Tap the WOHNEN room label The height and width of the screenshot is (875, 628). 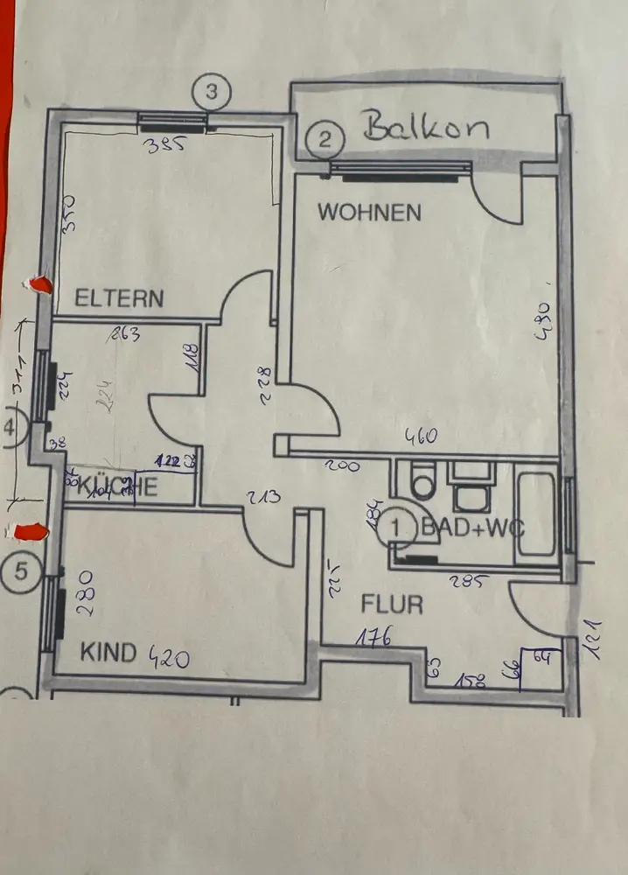pyautogui.click(x=369, y=212)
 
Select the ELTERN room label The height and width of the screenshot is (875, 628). pyautogui.click(x=119, y=297)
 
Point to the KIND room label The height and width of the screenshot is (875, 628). pyautogui.click(x=109, y=652)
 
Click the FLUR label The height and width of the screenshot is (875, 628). pyautogui.click(x=393, y=604)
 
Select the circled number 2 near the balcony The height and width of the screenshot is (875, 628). pyautogui.click(x=325, y=138)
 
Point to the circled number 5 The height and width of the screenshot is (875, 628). pyautogui.click(x=21, y=572)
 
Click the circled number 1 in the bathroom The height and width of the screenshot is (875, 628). pyautogui.click(x=398, y=527)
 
